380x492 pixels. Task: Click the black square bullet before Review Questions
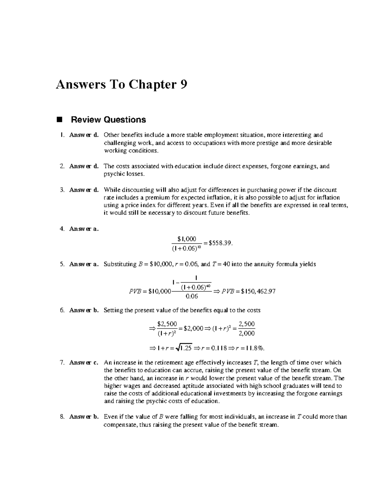(59, 120)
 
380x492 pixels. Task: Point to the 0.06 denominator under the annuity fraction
(192, 297)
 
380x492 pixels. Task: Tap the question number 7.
(62, 362)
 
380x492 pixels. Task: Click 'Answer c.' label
(84, 362)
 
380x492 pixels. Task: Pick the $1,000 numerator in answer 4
(187, 239)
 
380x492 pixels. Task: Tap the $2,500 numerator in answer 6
(167, 324)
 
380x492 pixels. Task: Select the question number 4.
(62, 229)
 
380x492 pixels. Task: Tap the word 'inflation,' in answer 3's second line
(216, 198)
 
